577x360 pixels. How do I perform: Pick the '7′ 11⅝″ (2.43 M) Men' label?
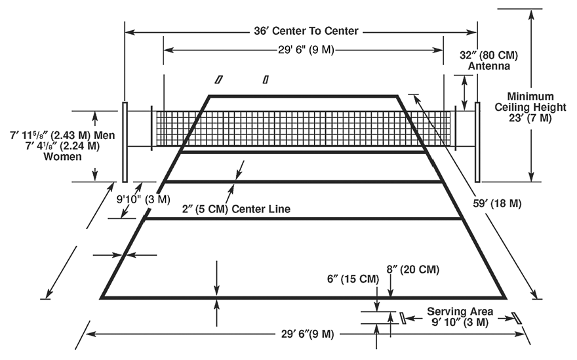(62, 136)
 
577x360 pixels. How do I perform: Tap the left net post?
(124, 142)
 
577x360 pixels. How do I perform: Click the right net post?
(477, 142)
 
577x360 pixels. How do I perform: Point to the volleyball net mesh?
(302, 129)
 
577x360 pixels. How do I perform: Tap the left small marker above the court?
(219, 79)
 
